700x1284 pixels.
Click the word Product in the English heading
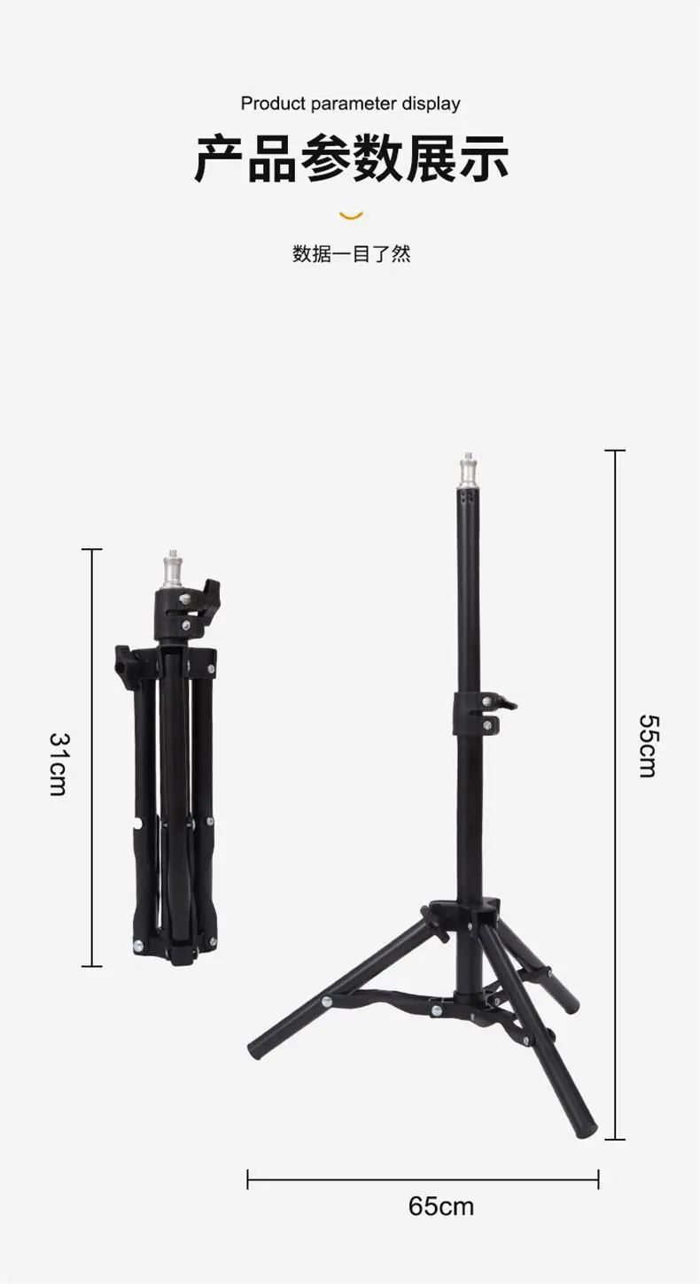click(x=273, y=104)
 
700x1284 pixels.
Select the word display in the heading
click(x=431, y=104)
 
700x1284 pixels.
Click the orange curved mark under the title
click(x=351, y=216)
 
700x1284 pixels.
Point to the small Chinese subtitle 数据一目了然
click(x=351, y=252)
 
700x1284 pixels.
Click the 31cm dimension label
click(x=58, y=764)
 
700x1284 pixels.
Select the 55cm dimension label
click(x=649, y=746)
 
